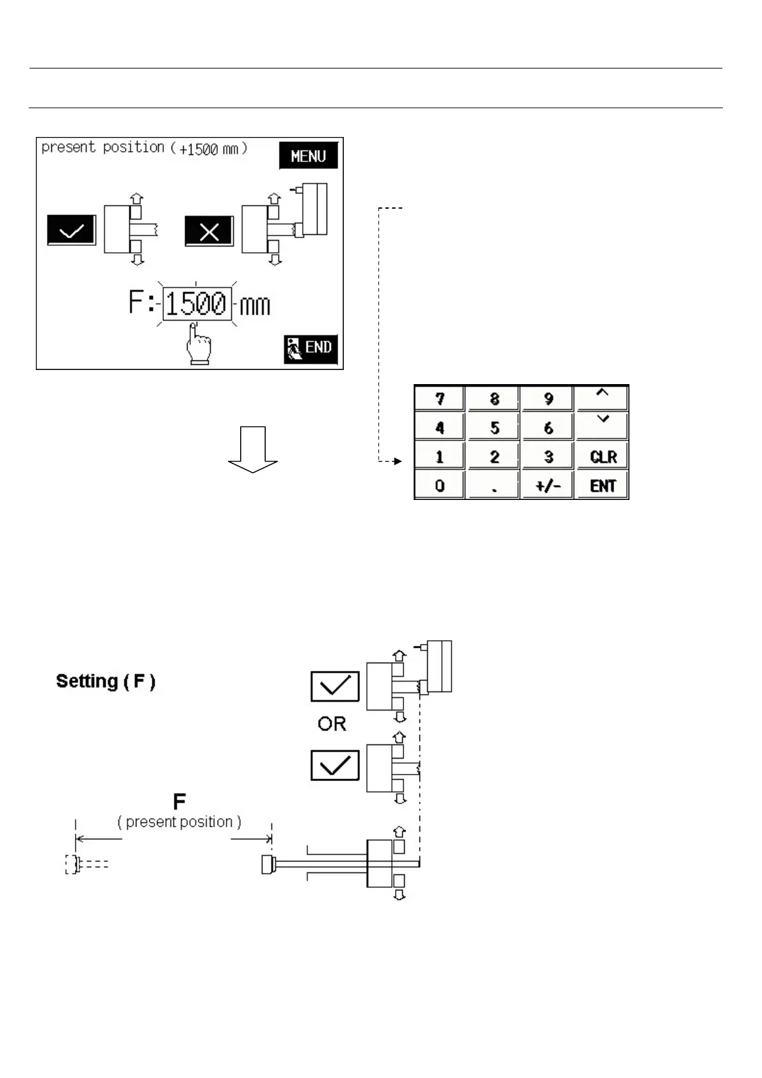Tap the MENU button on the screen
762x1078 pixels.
coord(308,156)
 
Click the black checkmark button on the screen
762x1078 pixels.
coord(71,230)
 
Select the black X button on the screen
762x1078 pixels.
coord(209,231)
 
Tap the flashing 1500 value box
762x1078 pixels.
coord(197,303)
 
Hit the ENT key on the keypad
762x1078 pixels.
coord(603,486)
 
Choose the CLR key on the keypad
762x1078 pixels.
coord(603,457)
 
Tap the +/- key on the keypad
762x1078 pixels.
coord(548,486)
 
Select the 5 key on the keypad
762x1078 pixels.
coord(494,428)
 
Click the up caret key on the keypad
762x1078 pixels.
coord(603,398)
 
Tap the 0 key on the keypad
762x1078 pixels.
coord(439,486)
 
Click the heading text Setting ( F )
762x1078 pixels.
coord(106,681)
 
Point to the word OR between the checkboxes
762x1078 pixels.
coord(332,724)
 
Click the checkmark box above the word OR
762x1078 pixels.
coord(335,687)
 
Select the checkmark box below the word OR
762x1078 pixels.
coord(335,766)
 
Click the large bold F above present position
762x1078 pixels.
coord(179,801)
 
